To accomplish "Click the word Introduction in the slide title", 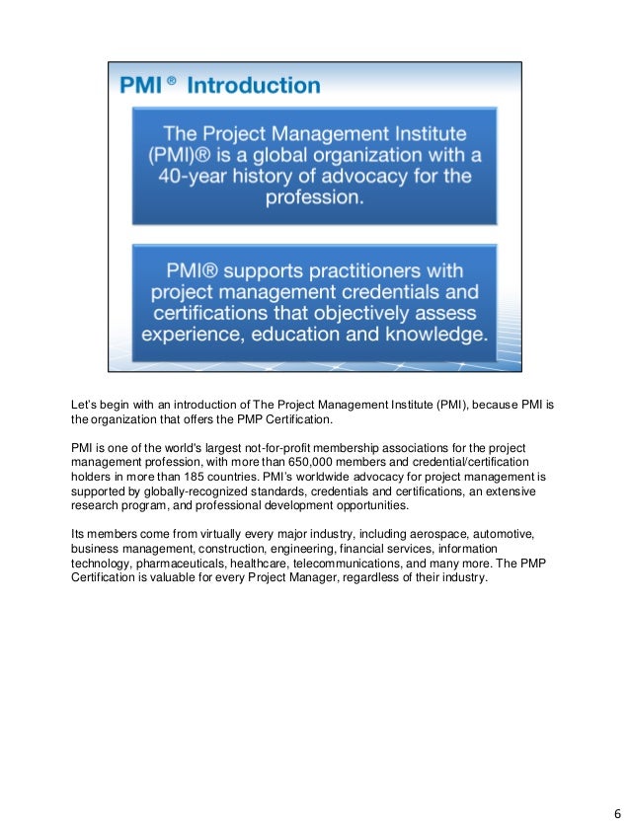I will coord(254,85).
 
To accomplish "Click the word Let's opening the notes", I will coord(87,403).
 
